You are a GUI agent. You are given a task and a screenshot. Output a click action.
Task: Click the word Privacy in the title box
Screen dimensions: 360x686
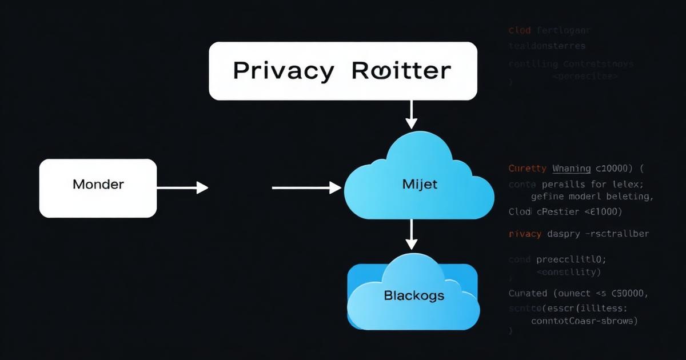tap(284, 71)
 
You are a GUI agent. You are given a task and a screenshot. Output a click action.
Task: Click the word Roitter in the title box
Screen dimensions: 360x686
tap(401, 71)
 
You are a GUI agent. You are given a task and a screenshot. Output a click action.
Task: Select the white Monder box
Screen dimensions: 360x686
tap(98, 188)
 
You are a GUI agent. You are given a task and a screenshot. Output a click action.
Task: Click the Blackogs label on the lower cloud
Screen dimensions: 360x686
tap(414, 296)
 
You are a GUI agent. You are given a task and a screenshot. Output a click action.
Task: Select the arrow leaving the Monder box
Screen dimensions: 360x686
tap(182, 187)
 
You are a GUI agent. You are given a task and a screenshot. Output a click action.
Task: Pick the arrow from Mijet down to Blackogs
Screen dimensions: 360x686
tap(410, 234)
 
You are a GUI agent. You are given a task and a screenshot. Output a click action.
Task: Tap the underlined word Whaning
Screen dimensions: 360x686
tap(572, 169)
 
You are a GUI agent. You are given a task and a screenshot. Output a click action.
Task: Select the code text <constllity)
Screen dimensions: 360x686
tap(568, 272)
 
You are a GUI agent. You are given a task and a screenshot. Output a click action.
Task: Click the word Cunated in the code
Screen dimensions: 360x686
tap(528, 294)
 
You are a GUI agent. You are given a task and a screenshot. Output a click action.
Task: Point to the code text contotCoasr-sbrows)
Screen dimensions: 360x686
tap(584, 321)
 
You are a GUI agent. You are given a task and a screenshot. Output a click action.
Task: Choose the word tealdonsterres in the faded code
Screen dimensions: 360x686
tap(547, 45)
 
